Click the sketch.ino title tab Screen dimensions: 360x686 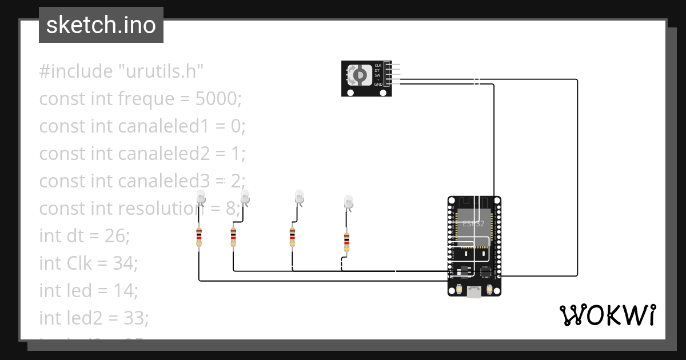point(101,25)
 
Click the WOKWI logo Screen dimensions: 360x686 point(607,315)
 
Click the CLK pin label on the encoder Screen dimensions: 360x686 point(378,66)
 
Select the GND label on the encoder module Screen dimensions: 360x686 point(378,84)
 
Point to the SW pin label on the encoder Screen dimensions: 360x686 point(377,75)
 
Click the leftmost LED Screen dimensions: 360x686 point(201,198)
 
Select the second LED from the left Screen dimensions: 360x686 point(245,198)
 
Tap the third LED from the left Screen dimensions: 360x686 point(299,198)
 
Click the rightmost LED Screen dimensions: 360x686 point(349,202)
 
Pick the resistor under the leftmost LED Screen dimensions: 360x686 point(199,237)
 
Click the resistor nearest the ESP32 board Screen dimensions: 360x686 point(346,242)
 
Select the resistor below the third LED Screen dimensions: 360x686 point(293,237)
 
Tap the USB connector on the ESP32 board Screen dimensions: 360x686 point(474,292)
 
